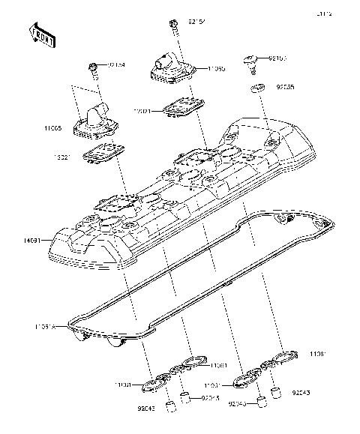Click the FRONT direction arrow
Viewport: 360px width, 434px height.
coord(41,34)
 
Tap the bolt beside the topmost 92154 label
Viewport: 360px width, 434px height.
coord(173,26)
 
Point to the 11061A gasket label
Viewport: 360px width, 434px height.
coord(44,327)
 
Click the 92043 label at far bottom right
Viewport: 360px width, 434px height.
coord(301,392)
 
